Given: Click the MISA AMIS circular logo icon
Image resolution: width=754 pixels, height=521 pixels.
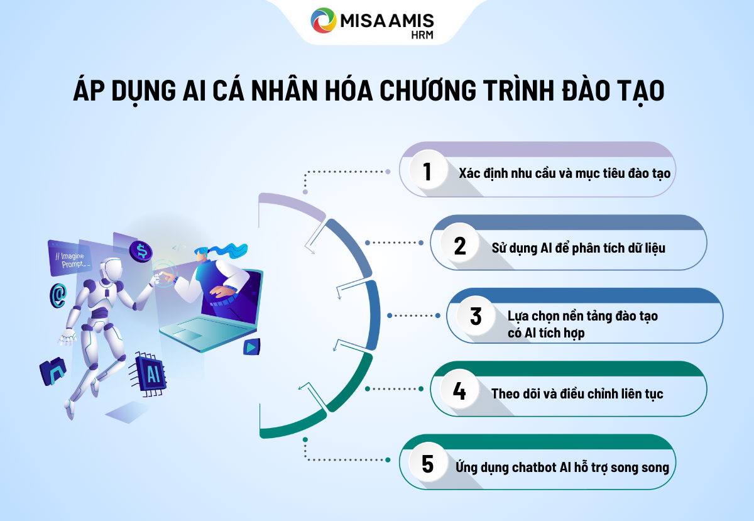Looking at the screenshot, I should coord(324,20).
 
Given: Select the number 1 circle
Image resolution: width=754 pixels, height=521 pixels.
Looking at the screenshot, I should coord(427,172).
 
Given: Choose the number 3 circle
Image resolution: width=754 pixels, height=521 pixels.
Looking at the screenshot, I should coord(476,316).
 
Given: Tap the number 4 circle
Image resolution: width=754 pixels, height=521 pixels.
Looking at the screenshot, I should coord(460,392).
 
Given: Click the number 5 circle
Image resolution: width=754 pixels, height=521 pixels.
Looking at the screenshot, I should coord(427,464).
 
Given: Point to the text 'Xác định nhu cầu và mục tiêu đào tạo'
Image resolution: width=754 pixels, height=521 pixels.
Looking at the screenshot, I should coord(555,172).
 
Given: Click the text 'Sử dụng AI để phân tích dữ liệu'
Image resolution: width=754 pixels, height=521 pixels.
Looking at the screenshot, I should coord(578,248).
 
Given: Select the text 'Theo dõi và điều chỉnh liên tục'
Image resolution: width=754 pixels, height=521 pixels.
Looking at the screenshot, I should coord(577,394).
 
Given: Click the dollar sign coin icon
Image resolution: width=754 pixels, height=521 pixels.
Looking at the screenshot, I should coord(141,251).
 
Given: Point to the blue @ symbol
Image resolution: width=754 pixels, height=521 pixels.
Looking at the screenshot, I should coord(58,294).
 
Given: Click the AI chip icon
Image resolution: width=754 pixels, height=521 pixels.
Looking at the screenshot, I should coord(151,375).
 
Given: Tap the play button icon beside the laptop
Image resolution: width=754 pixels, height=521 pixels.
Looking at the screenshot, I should coord(252,346).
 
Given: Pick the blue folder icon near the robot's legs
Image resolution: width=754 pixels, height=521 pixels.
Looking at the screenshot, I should coord(53,372).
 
